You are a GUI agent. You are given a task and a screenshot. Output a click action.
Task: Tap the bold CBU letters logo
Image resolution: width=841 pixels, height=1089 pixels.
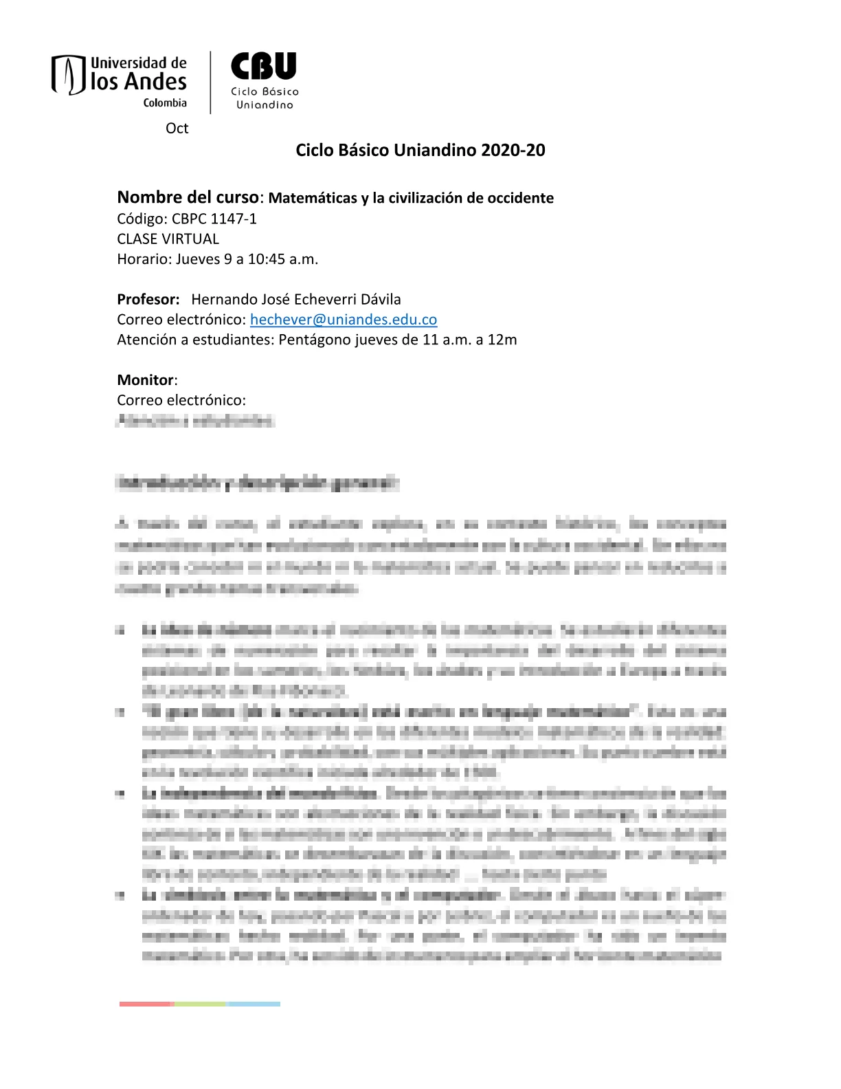tap(264, 67)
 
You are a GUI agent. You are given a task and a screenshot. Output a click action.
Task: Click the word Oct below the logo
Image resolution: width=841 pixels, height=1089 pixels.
tap(177, 129)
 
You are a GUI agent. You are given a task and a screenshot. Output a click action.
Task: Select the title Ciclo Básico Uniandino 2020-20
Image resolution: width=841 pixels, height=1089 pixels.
tap(420, 150)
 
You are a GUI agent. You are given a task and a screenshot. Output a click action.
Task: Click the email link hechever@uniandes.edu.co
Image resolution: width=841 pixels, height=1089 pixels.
tap(344, 320)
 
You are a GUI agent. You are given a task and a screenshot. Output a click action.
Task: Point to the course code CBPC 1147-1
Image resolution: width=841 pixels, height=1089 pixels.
tap(214, 219)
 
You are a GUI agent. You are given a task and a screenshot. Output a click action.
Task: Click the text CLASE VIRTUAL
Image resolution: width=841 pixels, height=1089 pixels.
tap(168, 239)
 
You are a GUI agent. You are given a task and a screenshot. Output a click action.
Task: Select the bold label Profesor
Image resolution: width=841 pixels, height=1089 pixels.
tap(148, 300)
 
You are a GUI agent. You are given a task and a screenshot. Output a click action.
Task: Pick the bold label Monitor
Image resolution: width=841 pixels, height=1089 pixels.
tap(146, 380)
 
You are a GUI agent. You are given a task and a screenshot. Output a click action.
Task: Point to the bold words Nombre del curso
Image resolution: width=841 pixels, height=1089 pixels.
tap(188, 198)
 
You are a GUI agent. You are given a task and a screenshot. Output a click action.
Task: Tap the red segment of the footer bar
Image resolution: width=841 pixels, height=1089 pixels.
tap(146, 1004)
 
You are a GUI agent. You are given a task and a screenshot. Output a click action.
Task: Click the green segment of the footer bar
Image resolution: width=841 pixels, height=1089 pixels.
tap(200, 1004)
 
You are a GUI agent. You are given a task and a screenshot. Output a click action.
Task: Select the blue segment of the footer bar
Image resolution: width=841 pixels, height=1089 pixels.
tap(254, 1004)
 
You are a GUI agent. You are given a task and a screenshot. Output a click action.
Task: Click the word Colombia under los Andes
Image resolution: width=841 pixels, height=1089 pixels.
tap(165, 103)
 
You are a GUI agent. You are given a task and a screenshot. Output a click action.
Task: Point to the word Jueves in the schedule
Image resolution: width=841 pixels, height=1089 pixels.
tap(198, 259)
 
